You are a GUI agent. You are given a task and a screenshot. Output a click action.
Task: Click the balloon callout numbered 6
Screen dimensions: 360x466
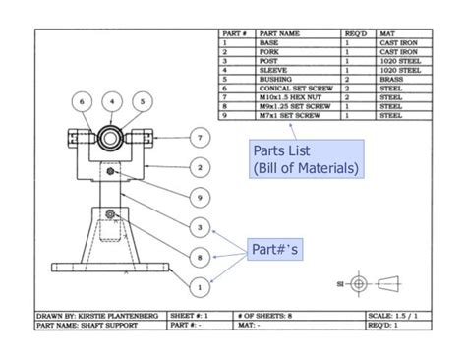tap(84, 100)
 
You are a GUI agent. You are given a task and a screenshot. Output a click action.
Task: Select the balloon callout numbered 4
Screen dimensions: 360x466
tap(113, 100)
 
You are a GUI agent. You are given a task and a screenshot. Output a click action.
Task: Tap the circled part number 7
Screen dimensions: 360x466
tap(200, 137)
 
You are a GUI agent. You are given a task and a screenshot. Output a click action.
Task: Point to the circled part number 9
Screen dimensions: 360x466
tap(200, 198)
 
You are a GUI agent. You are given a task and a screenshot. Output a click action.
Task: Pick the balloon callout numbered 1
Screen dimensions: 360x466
tap(200, 288)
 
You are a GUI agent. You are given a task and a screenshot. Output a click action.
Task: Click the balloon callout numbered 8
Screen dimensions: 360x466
tap(200, 258)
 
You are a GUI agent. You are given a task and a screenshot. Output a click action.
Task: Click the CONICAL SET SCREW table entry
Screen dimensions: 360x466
tap(294, 89)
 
